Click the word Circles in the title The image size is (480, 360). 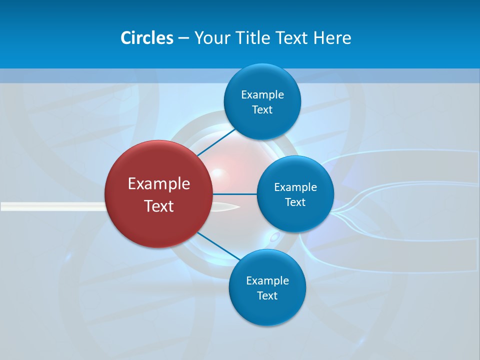tap(146, 38)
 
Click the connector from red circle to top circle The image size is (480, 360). tap(216, 142)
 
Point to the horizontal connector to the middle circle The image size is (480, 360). tap(235, 194)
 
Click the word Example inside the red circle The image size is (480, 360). tap(159, 184)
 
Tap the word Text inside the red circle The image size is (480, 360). tap(159, 206)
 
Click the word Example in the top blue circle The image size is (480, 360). tap(262, 95)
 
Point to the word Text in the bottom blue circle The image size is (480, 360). tap(267, 296)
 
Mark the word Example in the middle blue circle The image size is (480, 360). tap(295, 187)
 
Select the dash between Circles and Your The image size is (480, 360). tap(183, 38)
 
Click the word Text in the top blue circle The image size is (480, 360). tap(262, 110)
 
